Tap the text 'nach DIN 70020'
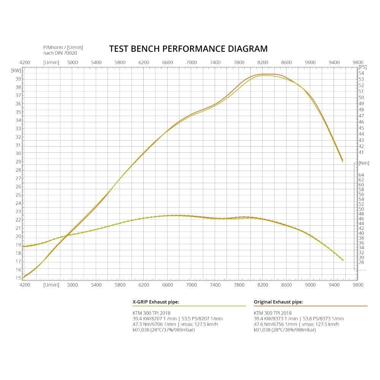(60, 53)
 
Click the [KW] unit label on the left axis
(16, 70)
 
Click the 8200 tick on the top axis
(263, 62)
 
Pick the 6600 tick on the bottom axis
(168, 284)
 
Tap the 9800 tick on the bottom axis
(358, 284)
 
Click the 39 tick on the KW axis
(18, 79)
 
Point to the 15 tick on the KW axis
(18, 278)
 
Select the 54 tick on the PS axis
(361, 73)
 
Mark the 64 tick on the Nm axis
(361, 175)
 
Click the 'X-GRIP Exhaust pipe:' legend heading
(155, 302)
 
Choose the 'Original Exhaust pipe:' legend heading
(278, 302)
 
